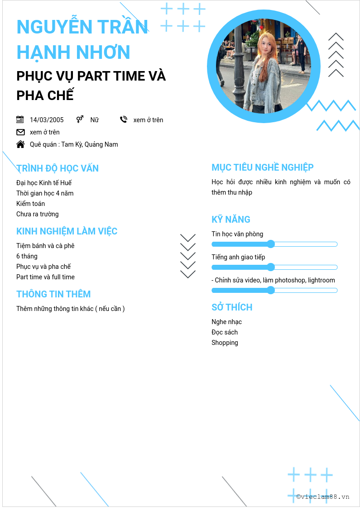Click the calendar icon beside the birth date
[20, 119]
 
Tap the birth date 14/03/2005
[47, 120]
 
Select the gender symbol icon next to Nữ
[80, 119]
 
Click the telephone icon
[124, 119]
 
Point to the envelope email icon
[20, 132]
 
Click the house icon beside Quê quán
[20, 144]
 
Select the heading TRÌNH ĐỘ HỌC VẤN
[58, 168]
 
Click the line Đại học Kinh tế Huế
[44, 183]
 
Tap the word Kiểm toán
[30, 204]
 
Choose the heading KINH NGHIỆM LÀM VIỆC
[67, 231]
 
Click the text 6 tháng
[27, 256]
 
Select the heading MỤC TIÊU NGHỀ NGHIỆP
[263, 167]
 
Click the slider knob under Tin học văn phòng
[271, 244]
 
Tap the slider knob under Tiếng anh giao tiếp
[271, 268]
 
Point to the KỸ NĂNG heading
[231, 220]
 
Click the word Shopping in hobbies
[225, 343]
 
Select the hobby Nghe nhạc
[226, 322]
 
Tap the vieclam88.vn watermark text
[323, 497]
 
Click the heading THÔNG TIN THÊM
[53, 294]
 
